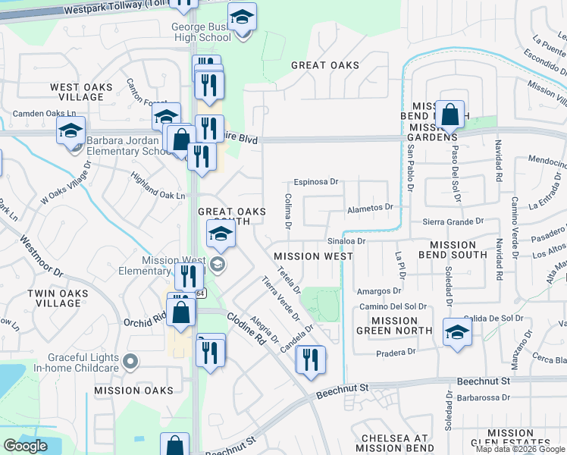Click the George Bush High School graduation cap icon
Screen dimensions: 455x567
pyautogui.click(x=243, y=17)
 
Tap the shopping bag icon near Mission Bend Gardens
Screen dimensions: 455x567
pyautogui.click(x=450, y=116)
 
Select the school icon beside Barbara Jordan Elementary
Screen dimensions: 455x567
pyautogui.click(x=70, y=131)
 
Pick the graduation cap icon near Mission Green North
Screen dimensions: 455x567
pyautogui.click(x=457, y=333)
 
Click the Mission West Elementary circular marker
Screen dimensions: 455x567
pyautogui.click(x=218, y=264)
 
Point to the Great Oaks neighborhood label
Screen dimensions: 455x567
pyautogui.click(x=325, y=65)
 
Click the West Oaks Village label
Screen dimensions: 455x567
pyautogui.click(x=81, y=92)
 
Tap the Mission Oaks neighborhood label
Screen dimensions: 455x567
pyautogui.click(x=133, y=391)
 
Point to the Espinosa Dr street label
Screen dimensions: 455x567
pyautogui.click(x=316, y=182)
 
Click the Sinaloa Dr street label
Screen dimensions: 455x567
pyautogui.click(x=346, y=241)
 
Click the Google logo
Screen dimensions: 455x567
pyautogui.click(x=26, y=446)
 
